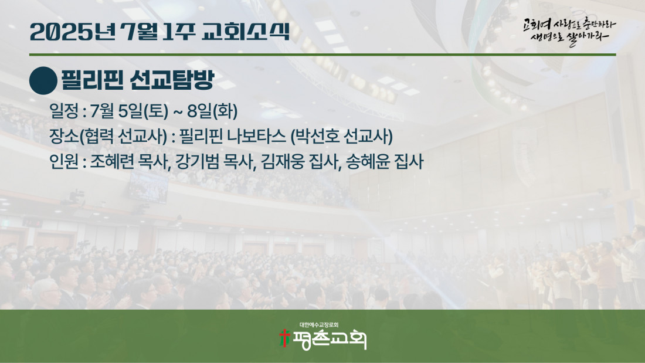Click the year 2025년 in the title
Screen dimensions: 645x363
[x=73, y=32]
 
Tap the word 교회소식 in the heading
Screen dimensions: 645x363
[x=246, y=32]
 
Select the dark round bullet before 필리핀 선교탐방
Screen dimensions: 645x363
[x=43, y=81]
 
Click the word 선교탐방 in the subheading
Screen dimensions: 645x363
[x=172, y=80]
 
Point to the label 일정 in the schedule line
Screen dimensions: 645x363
[x=64, y=111]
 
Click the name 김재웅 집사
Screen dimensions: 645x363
[x=300, y=161]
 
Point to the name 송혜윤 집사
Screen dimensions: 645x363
[x=385, y=161]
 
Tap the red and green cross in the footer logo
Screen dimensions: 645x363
[x=284, y=338]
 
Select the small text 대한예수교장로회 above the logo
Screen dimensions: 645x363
[x=319, y=325]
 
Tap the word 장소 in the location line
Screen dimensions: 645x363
[x=64, y=136]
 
